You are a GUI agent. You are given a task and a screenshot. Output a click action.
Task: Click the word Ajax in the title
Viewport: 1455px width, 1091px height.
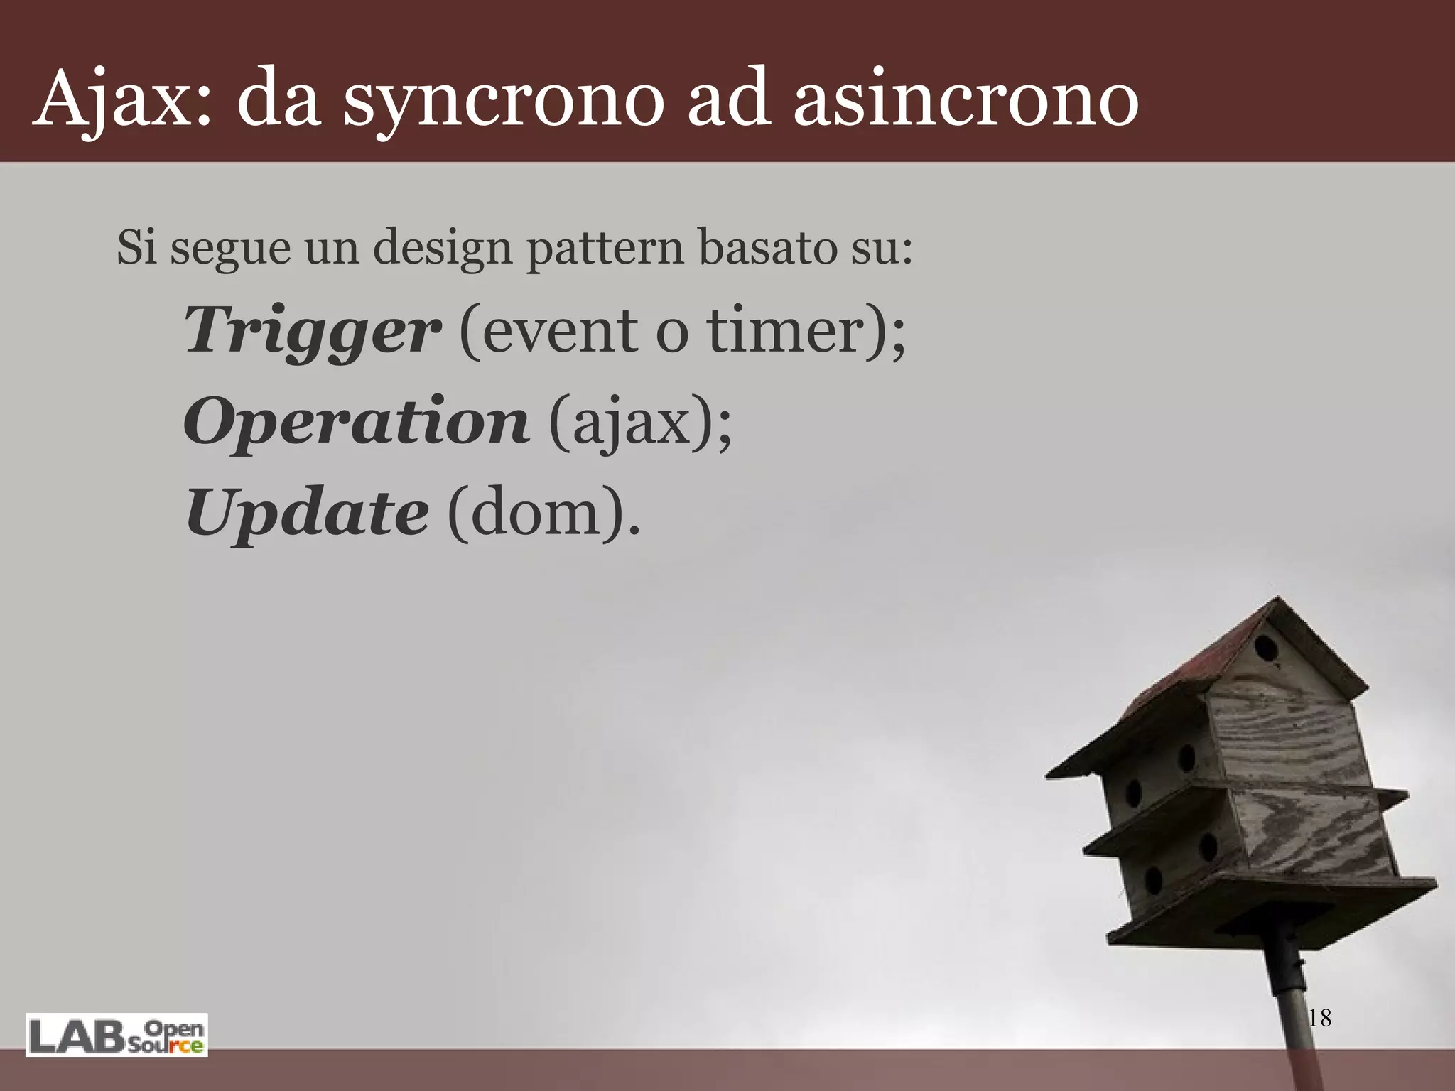click(x=121, y=99)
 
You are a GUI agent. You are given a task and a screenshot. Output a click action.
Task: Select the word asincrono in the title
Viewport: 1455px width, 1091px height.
click(x=966, y=99)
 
